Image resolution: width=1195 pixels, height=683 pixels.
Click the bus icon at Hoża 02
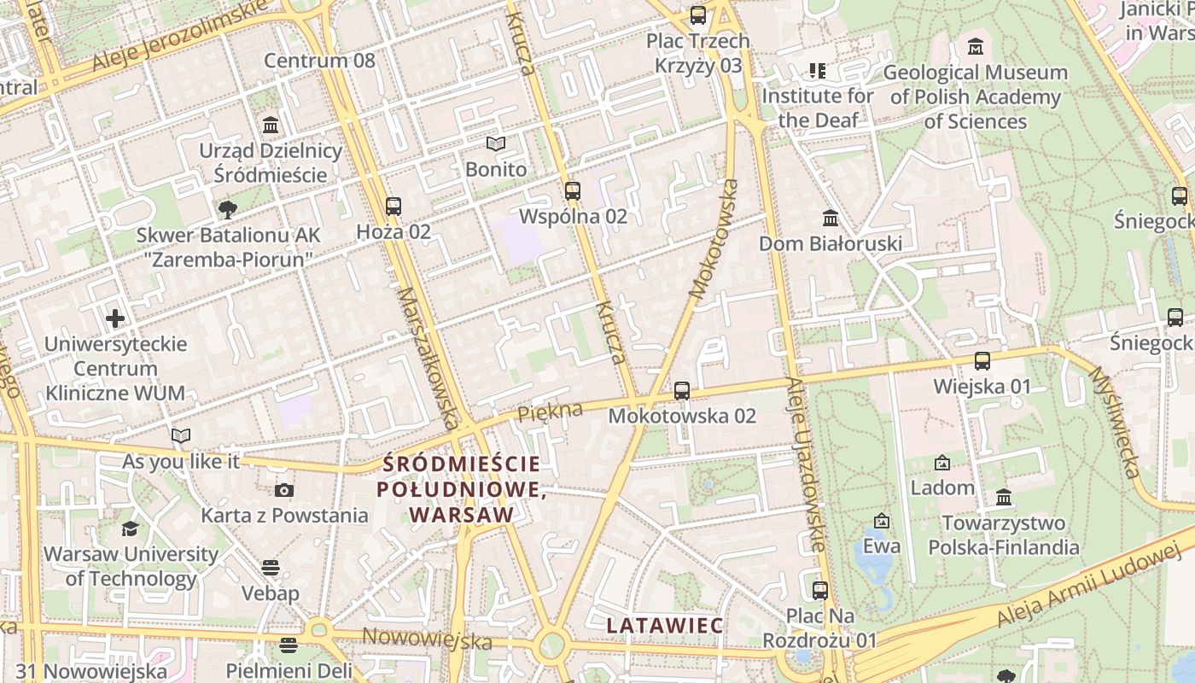pos(393,206)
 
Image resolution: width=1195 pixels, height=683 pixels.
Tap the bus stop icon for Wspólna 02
pos(572,190)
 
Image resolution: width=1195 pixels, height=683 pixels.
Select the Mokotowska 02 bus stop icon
pos(681,391)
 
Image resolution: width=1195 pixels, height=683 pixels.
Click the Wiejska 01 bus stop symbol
pos(982,361)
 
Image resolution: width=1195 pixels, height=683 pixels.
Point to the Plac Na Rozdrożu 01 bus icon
pos(819,590)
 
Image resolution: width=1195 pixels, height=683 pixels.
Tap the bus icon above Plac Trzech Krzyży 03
pos(697,15)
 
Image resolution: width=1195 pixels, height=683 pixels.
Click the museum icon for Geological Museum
pos(976,46)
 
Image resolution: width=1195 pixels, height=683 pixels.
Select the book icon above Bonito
pos(496,143)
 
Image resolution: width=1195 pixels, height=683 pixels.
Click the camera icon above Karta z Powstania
pos(284,490)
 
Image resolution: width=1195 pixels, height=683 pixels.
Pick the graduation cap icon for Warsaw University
pos(130,529)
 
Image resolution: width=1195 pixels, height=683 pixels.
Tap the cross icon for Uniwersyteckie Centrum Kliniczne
pos(115,319)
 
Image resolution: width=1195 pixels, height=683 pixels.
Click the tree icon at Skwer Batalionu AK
pos(227,209)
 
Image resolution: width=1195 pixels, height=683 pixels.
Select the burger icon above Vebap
pos(271,568)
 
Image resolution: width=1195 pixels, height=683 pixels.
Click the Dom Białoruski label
pos(831,244)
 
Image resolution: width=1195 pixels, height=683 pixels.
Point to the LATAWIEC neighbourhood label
pos(665,626)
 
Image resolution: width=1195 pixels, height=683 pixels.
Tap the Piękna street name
pos(550,412)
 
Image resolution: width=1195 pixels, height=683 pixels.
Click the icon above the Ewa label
pos(881,521)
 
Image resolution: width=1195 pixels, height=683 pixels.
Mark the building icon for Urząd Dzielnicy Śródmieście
pos(271,126)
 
